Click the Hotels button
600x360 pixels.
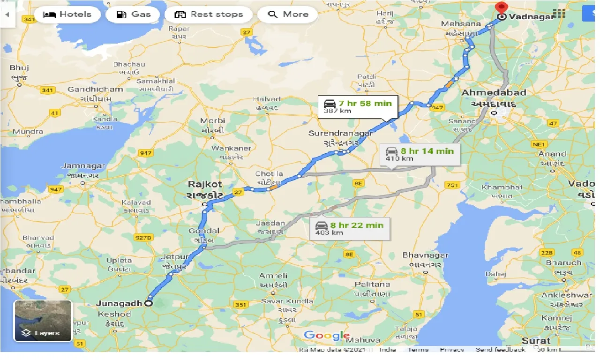click(x=67, y=15)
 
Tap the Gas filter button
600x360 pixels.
click(x=134, y=15)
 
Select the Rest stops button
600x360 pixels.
click(x=209, y=15)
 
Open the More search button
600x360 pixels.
click(x=288, y=15)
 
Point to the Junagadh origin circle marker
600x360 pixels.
click(x=149, y=303)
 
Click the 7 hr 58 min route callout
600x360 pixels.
click(x=358, y=107)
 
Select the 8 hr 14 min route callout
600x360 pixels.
click(x=420, y=154)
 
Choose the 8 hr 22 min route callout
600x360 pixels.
click(x=350, y=228)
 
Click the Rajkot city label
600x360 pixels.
click(x=205, y=184)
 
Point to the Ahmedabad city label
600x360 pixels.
click(x=494, y=93)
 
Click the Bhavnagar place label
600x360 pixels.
click(x=425, y=255)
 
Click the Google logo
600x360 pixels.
click(x=327, y=335)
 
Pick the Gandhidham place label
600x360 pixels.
click(x=95, y=90)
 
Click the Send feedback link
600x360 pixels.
click(x=500, y=350)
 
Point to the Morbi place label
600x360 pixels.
click(x=213, y=120)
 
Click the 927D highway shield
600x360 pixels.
click(x=143, y=238)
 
